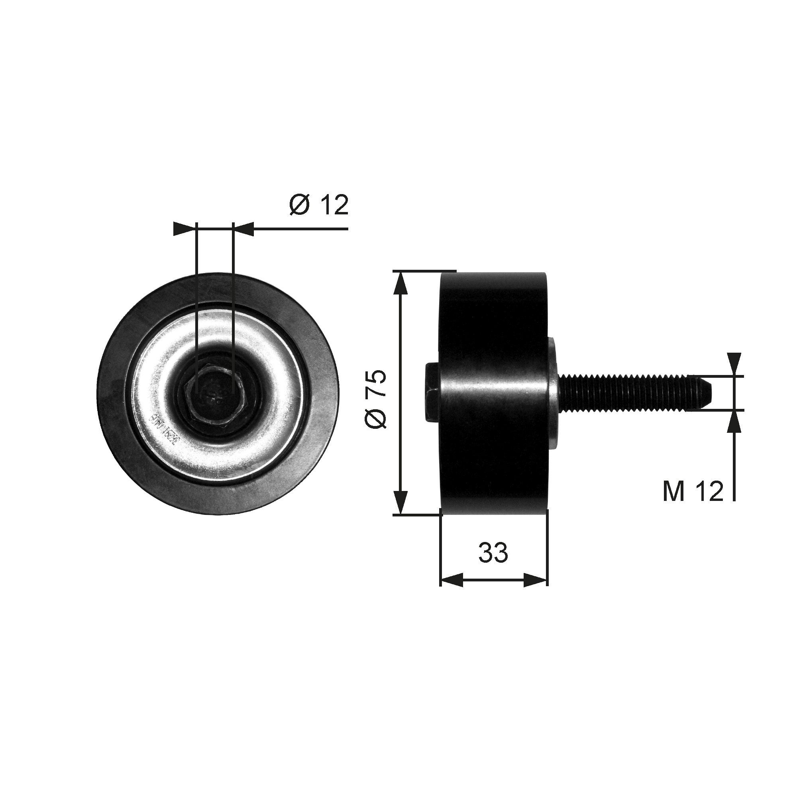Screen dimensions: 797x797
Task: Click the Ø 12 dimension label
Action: [319, 204]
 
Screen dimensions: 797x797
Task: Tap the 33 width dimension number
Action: [493, 552]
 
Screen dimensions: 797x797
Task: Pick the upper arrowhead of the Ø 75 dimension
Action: [400, 282]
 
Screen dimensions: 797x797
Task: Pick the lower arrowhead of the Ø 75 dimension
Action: [400, 503]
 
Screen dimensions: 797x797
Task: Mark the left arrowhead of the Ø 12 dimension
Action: [184, 228]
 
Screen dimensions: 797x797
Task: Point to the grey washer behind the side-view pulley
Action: [553, 392]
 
